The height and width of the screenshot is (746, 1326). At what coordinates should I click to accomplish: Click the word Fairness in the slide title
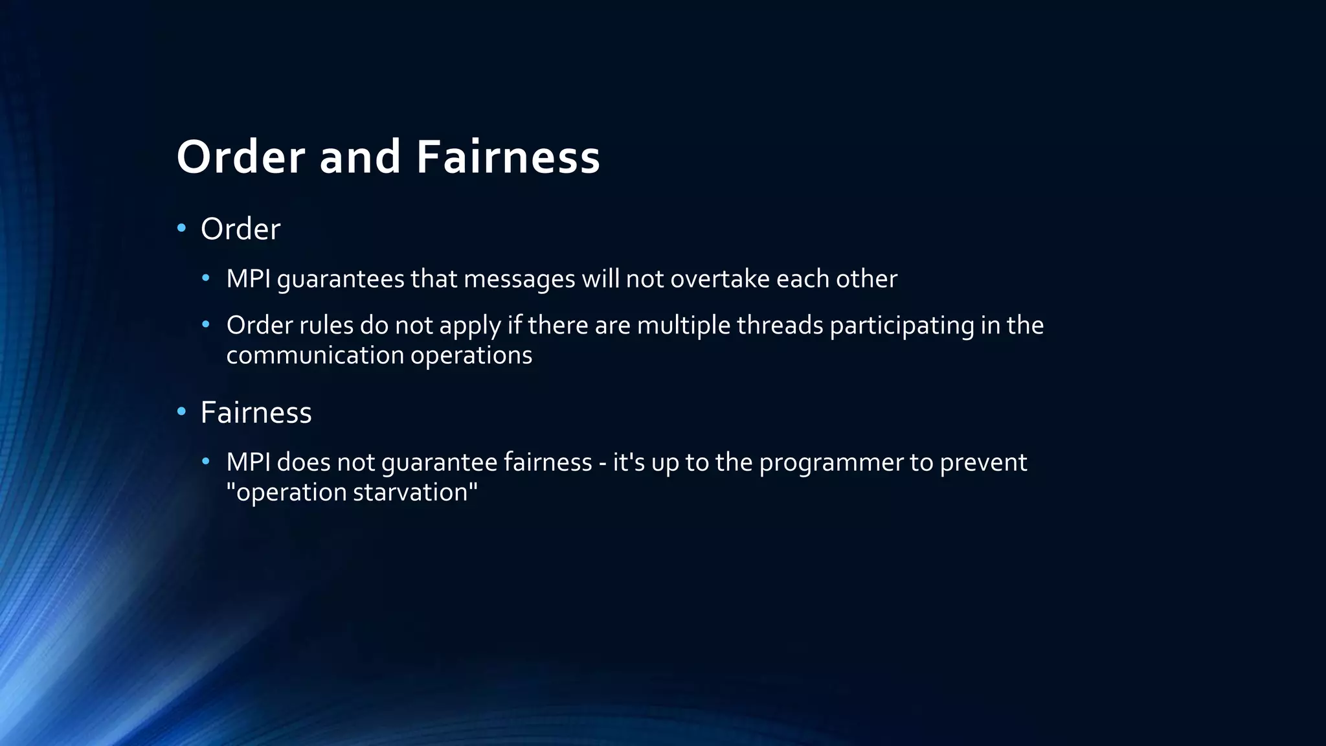tap(508, 157)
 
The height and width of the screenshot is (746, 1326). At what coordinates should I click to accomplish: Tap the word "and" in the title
tap(360, 157)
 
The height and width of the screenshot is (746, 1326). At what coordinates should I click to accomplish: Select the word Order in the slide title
tap(241, 157)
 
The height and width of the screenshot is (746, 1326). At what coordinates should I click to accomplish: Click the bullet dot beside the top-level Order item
tap(181, 228)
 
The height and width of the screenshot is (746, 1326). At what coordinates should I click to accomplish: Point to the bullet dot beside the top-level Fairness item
tap(181, 411)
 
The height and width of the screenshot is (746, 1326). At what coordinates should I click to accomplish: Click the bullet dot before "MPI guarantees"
tap(206, 278)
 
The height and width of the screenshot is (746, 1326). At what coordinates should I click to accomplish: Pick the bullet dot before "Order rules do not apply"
tap(206, 324)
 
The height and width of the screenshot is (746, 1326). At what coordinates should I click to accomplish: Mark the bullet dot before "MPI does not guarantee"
tap(206, 462)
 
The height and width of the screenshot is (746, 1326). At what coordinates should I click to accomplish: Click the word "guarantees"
tap(341, 280)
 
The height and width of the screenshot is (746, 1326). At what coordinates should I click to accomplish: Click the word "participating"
tap(901, 326)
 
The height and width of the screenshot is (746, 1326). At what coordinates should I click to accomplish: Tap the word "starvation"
tap(415, 492)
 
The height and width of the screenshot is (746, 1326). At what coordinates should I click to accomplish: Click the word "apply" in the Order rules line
tap(470, 326)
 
